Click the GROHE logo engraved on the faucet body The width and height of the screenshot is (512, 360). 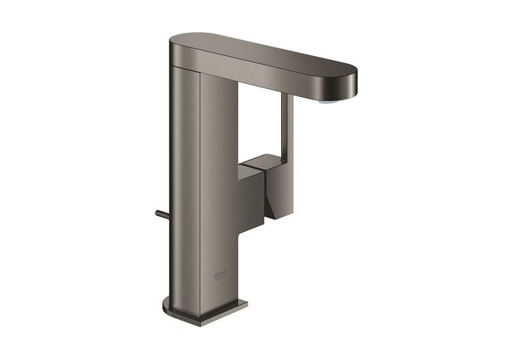tap(224, 275)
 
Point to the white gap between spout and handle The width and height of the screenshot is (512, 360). tap(263, 126)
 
